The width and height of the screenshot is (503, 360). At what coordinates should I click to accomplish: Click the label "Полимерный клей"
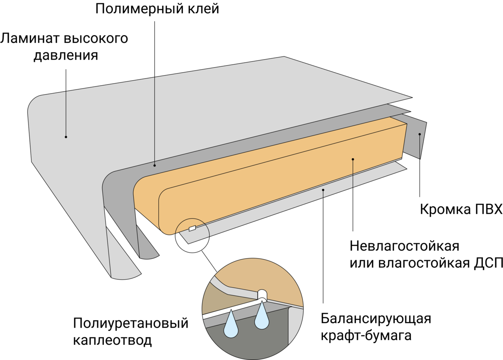pyautogui.click(x=157, y=9)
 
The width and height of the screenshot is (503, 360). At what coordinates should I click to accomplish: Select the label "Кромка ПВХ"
pyautogui.click(x=461, y=209)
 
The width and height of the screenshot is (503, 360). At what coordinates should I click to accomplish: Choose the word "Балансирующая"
pyautogui.click(x=376, y=318)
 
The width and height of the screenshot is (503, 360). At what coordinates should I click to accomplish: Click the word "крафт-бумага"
pyautogui.click(x=366, y=336)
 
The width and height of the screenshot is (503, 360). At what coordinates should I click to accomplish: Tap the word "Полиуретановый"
pyautogui.click(x=130, y=323)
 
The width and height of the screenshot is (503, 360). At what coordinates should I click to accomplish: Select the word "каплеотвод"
pyautogui.click(x=112, y=340)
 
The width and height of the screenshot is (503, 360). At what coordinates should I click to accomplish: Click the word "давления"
pyautogui.click(x=65, y=56)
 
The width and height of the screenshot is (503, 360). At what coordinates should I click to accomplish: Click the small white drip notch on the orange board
pyautogui.click(x=192, y=228)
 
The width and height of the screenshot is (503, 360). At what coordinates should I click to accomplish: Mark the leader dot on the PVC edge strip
pyautogui.click(x=420, y=134)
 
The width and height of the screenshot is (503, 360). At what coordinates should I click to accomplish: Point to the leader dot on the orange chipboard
pyautogui.click(x=353, y=159)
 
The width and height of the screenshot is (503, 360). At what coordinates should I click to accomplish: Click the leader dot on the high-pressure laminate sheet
pyautogui.click(x=66, y=137)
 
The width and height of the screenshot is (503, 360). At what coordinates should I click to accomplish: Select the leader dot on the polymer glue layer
pyautogui.click(x=155, y=165)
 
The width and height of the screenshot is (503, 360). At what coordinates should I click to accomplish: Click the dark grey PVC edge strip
pyautogui.click(x=415, y=138)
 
